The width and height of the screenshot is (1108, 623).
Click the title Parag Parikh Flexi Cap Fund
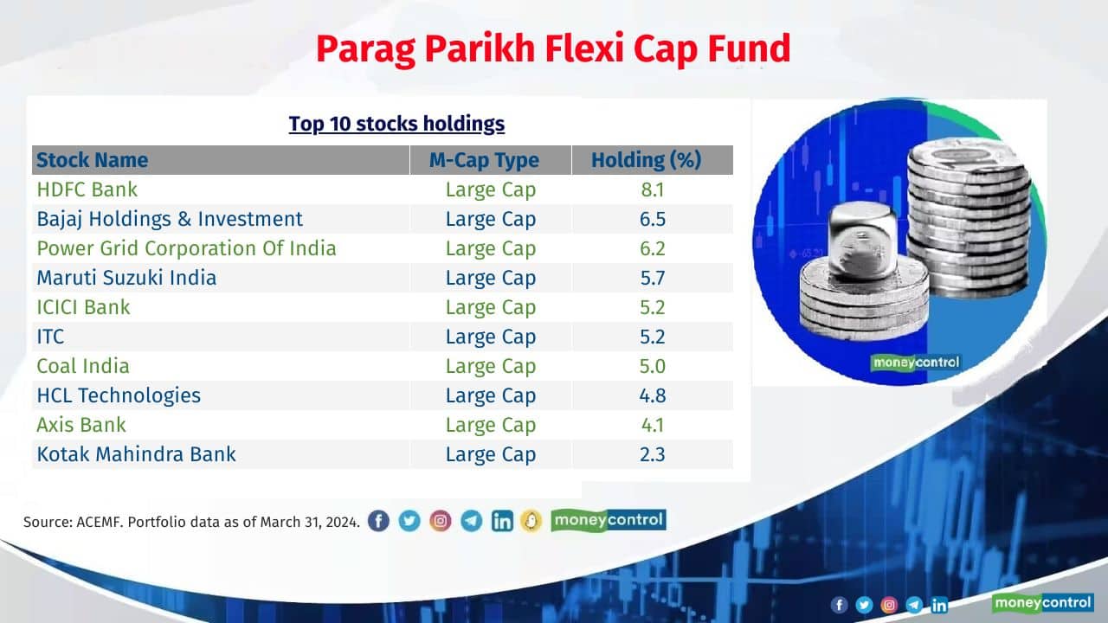(x=553, y=49)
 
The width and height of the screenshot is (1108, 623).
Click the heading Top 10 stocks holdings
(x=396, y=124)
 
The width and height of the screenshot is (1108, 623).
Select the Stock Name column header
(x=92, y=160)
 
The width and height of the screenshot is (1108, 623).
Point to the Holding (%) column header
(x=646, y=160)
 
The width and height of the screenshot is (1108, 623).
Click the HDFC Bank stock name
(x=87, y=189)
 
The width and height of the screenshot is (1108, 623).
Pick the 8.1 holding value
(x=652, y=189)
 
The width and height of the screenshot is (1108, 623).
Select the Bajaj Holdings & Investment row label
(x=170, y=219)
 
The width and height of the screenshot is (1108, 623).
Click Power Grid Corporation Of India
(x=186, y=248)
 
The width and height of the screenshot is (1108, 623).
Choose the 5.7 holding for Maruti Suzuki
(x=652, y=278)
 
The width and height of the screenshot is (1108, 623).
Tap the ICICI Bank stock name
(x=83, y=307)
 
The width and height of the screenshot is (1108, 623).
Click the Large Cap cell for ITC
(x=490, y=337)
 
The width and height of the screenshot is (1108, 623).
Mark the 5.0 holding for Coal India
(x=652, y=366)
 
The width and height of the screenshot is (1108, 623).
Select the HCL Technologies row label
(x=119, y=395)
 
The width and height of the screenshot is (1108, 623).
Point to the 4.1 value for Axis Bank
(x=652, y=425)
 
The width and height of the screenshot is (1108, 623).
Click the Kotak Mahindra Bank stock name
(x=136, y=454)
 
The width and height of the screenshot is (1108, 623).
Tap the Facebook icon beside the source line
(x=378, y=521)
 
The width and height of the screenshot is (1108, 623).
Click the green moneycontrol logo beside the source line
(x=608, y=520)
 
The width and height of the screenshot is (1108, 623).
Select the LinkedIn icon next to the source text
(x=502, y=521)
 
